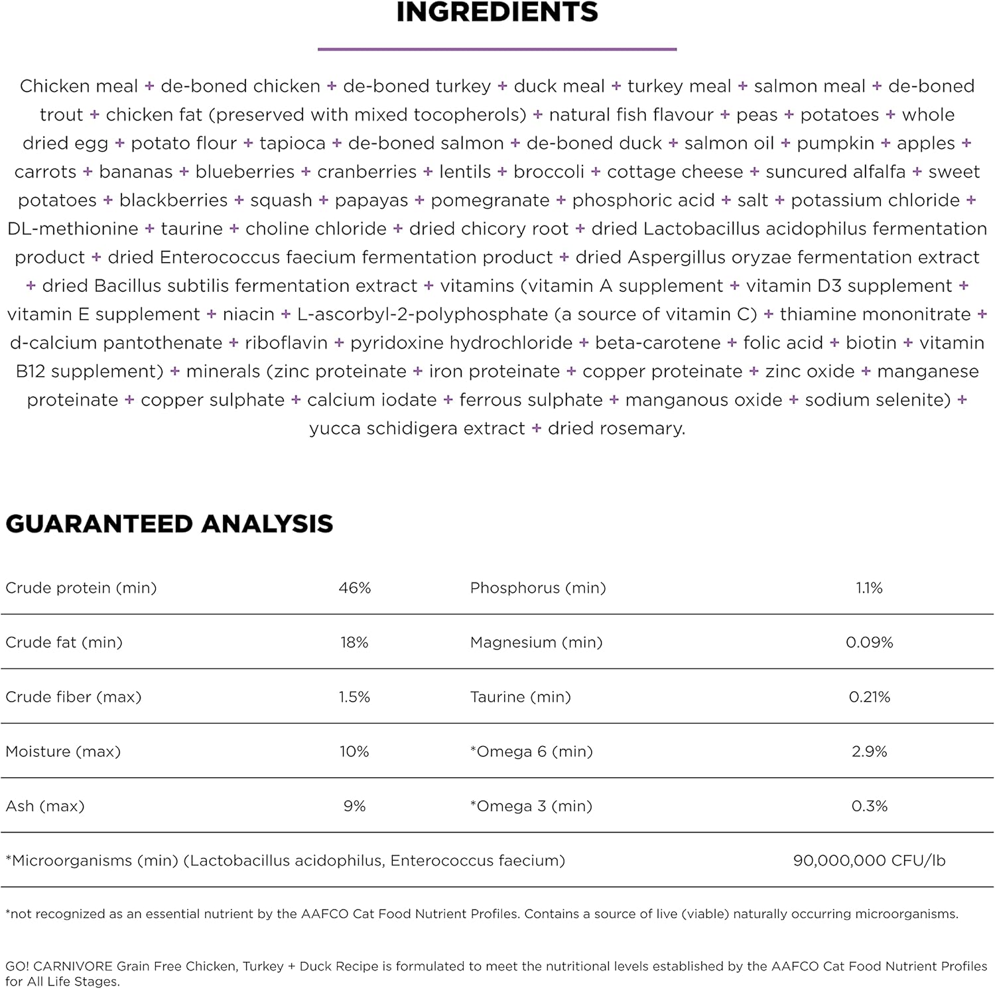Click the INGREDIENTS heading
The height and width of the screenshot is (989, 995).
coord(497,13)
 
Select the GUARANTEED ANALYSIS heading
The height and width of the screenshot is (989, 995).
coord(169,523)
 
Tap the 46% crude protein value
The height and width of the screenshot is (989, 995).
coord(354,588)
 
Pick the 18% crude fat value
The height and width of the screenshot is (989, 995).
coord(354,642)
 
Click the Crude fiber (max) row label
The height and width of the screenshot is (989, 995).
coord(74,697)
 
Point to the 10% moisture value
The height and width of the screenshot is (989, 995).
coord(354,752)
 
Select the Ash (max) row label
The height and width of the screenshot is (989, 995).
coord(45,806)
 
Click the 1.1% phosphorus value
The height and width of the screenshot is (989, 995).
coord(869,588)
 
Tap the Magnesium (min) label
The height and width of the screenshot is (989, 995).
coord(536,642)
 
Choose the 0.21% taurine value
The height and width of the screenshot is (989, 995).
coord(869,697)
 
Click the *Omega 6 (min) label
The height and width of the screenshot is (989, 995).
coord(531,752)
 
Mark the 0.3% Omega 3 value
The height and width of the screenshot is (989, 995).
coord(869,806)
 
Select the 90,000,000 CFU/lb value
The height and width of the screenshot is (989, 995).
coord(869,860)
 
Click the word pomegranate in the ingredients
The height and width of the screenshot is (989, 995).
coord(490,200)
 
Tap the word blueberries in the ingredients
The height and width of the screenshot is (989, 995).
coord(245,172)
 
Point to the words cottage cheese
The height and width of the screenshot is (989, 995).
coord(675,172)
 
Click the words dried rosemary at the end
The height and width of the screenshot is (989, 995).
coord(616,429)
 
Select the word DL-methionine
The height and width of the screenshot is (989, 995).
coord(73,229)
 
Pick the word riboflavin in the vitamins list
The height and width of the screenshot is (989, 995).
coord(286,343)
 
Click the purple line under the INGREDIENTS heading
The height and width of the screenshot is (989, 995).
coord(497,49)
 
